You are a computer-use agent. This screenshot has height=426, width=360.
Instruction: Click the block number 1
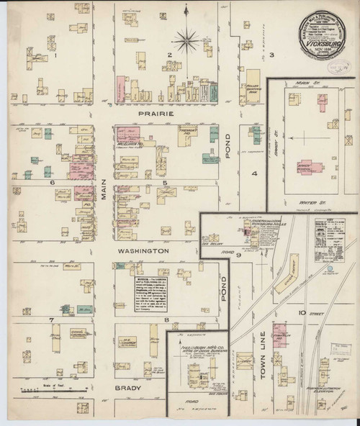55,55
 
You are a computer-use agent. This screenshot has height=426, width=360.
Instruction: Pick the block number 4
254,173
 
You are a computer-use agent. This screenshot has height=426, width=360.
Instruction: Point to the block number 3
272,55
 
